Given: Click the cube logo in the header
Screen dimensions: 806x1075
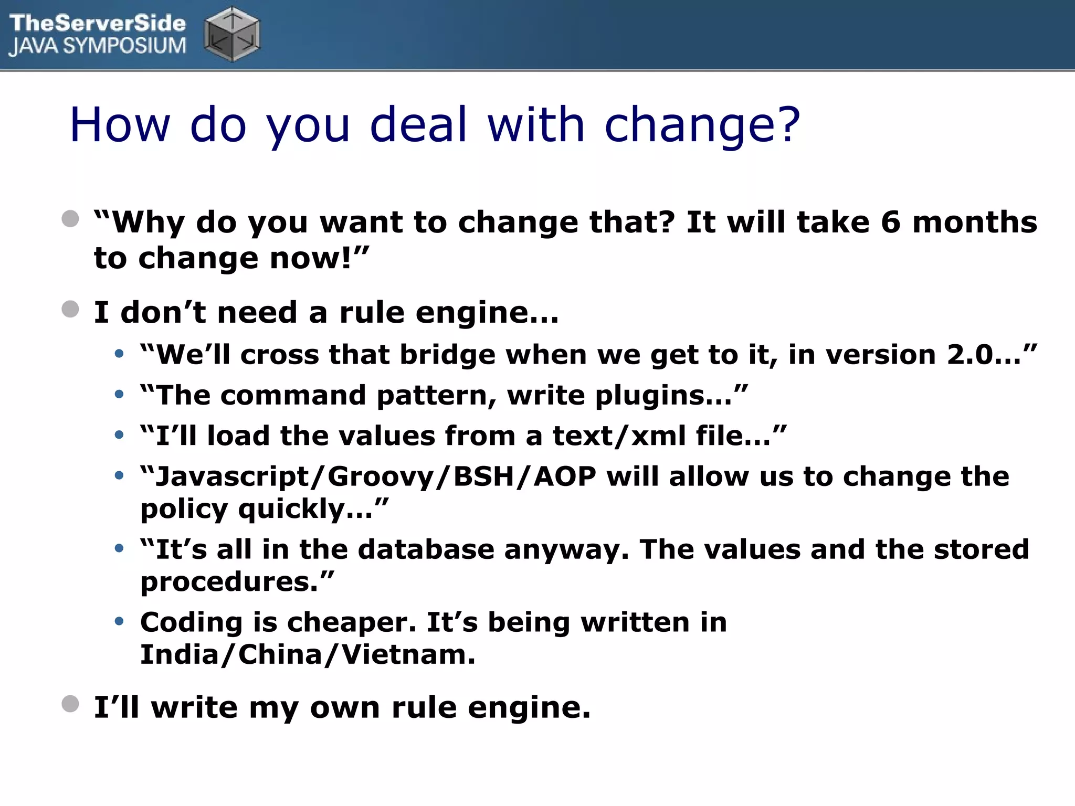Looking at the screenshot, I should pyautogui.click(x=232, y=34).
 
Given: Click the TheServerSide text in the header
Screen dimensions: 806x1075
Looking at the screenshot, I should pyautogui.click(x=98, y=23).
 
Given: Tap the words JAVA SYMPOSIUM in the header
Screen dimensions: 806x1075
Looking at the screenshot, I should pyautogui.click(x=98, y=46).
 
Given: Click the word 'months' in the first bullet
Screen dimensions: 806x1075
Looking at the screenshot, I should pyautogui.click(x=975, y=222).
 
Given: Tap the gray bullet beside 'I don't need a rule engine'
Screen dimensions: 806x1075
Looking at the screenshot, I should pyautogui.click(x=70, y=309).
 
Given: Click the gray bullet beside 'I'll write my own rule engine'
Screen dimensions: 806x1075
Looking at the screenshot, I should pyautogui.click(x=70, y=704).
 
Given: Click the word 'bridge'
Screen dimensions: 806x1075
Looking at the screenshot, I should pyautogui.click(x=448, y=355).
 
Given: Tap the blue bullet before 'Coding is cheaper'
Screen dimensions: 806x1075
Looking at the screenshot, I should pyautogui.click(x=119, y=622).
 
